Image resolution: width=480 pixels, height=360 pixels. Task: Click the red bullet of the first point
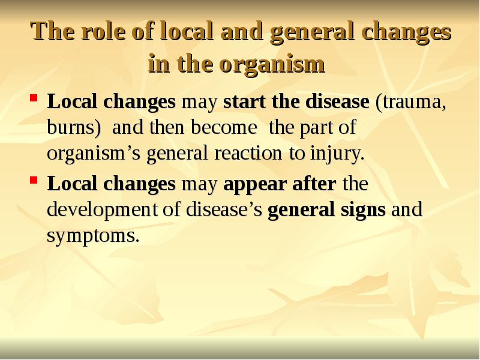point(34,97)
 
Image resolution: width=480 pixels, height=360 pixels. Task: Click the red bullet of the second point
point(34,179)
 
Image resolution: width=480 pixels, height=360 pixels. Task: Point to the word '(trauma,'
point(410,102)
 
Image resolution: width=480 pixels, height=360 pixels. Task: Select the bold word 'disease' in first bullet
point(337,102)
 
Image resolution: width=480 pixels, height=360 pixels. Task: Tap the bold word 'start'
point(244,102)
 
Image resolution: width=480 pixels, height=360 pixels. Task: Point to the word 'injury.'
point(336,154)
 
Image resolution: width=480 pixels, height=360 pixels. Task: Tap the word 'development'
point(97,210)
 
